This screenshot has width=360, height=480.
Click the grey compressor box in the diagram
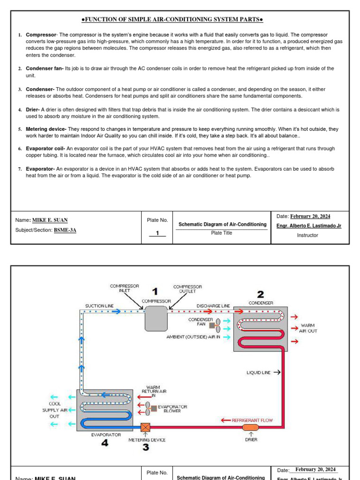pyautogui.click(x=156, y=318)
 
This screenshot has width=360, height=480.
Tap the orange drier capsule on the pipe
pyautogui.click(x=251, y=427)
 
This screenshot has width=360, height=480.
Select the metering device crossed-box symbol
pyautogui.click(x=146, y=427)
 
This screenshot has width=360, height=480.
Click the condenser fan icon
pyautogui.click(x=215, y=324)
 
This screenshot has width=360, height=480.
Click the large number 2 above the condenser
pyautogui.click(x=260, y=294)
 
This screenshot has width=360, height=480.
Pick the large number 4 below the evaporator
pyautogui.click(x=105, y=443)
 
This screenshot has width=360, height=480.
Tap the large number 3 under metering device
pyautogui.click(x=146, y=448)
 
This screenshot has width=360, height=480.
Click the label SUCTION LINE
pyautogui.click(x=99, y=306)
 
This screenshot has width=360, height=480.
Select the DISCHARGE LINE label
pyautogui.click(x=213, y=306)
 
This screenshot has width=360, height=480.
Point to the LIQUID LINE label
pyautogui.click(x=258, y=373)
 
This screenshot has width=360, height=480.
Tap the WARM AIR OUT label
pyautogui.click(x=308, y=328)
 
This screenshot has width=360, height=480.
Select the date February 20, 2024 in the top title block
pyautogui.click(x=310, y=216)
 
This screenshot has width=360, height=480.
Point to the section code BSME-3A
pyautogui.click(x=65, y=230)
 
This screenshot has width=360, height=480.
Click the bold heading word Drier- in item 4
pyautogui.click(x=33, y=110)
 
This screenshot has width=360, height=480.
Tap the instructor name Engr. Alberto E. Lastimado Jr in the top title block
pyautogui.click(x=309, y=225)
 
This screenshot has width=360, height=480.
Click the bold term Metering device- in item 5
pyautogui.click(x=46, y=129)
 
